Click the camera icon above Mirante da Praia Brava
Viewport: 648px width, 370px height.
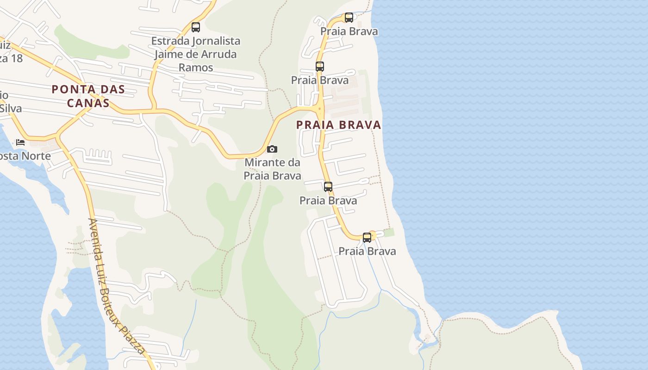(272, 149)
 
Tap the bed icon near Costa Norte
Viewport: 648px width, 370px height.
(20, 142)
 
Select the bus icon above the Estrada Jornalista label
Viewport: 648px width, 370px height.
(196, 27)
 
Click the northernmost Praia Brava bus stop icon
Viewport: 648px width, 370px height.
(349, 18)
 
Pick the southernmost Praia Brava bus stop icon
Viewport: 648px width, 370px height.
(367, 238)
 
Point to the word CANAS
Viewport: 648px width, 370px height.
(88, 103)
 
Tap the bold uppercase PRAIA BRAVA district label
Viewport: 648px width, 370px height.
(338, 125)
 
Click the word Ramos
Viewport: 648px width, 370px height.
(196, 68)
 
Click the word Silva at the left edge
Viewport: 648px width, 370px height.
(11, 109)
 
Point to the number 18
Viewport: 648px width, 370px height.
(17, 58)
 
